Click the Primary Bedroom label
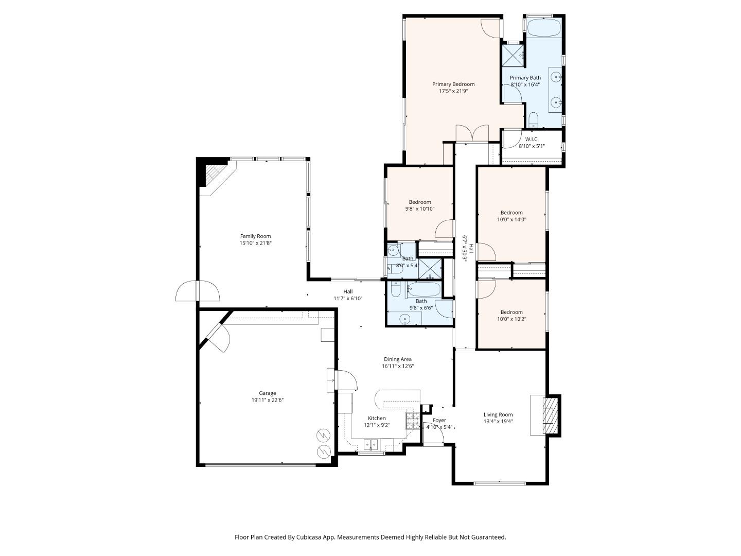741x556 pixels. point(453,84)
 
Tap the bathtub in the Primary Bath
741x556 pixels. point(544,28)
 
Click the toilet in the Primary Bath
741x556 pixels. point(533,121)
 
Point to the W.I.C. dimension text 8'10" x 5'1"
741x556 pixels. point(532,146)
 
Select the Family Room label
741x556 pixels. point(255,236)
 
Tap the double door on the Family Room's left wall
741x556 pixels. point(198,291)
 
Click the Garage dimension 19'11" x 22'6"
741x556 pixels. point(268,400)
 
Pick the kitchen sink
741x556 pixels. point(371,444)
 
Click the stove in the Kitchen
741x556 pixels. point(412,421)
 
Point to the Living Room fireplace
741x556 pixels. point(549,415)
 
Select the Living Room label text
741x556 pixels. point(498,414)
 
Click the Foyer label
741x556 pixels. point(439,420)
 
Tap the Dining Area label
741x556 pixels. point(398,359)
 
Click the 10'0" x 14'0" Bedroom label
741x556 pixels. point(511,213)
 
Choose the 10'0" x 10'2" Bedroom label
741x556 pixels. point(511,312)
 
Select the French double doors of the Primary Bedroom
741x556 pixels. point(472,133)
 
